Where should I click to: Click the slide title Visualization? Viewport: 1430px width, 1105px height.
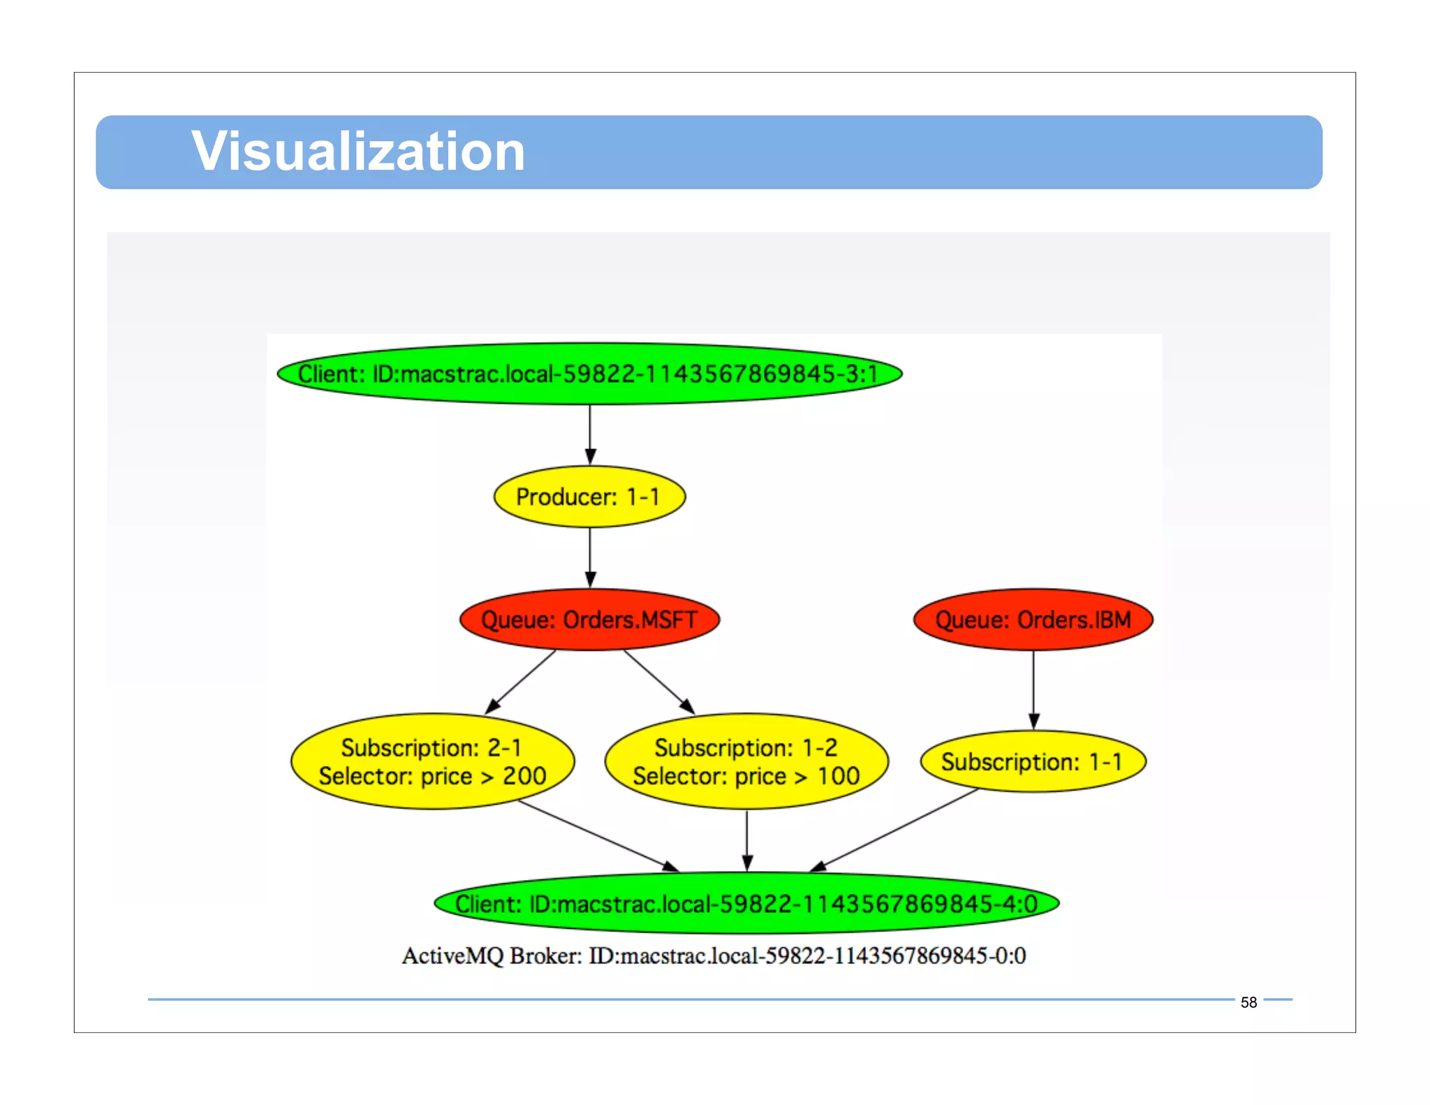pyautogui.click(x=357, y=152)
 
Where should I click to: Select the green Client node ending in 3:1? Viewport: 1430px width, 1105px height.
pyautogui.click(x=589, y=374)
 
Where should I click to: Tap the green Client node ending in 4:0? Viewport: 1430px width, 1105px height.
pyautogui.click(x=746, y=903)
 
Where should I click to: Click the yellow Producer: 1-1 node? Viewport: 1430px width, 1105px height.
pyautogui.click(x=589, y=497)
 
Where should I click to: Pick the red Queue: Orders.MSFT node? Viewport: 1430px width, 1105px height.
pyautogui.click(x=589, y=620)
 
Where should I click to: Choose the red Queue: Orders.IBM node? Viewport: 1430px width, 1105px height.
pyautogui.click(x=1033, y=620)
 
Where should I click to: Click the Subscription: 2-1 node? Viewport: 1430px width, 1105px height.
pyautogui.click(x=432, y=761)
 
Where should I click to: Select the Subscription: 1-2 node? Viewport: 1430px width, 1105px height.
pyautogui.click(x=746, y=761)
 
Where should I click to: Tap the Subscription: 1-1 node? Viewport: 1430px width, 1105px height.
pyautogui.click(x=1033, y=761)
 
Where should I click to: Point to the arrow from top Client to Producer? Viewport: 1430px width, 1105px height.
pyautogui.click(x=590, y=433)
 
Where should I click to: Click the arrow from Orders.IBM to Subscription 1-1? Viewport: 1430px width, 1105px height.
pyautogui.click(x=1033, y=688)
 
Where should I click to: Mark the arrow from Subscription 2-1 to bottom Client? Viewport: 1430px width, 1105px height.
pyautogui.click(x=597, y=835)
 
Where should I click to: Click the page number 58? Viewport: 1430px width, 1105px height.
pyautogui.click(x=1248, y=1002)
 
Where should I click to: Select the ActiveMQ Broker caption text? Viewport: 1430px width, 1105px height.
pyautogui.click(x=714, y=956)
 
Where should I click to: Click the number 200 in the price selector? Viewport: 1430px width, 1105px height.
pyautogui.click(x=524, y=776)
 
